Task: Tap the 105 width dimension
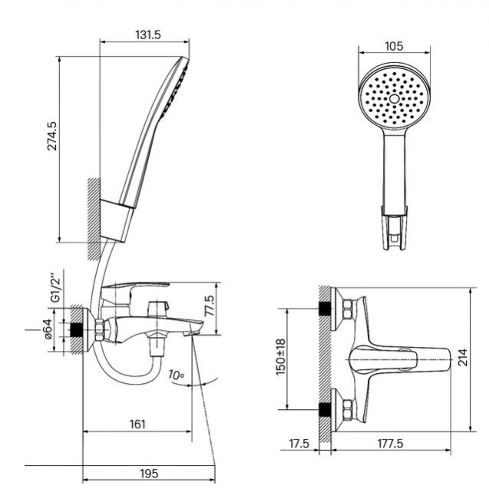pyautogui.click(x=393, y=47)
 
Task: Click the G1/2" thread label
pyautogui.click(x=53, y=290)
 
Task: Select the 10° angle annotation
pyautogui.click(x=177, y=375)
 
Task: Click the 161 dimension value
pyautogui.click(x=139, y=423)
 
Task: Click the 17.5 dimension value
pyautogui.click(x=299, y=444)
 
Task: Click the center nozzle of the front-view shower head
pyautogui.click(x=394, y=100)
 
